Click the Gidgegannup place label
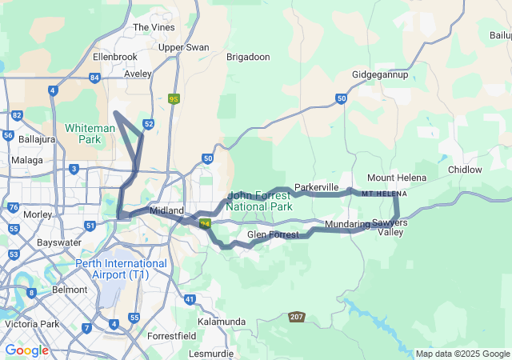coord(380,74)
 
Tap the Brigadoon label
coord(248,57)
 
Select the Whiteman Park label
coord(90,133)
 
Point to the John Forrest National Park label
coord(259,200)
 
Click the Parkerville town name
coord(317,187)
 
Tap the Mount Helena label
coord(397,177)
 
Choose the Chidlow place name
coord(465,170)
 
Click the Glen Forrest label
coord(273,234)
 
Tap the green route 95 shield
coord(174,99)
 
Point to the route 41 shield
coord(190,299)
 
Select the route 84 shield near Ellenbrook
coord(95,78)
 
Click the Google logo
coord(26,350)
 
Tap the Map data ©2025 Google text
coord(462,354)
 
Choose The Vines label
coord(153,27)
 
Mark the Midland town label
coord(167,210)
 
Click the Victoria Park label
coord(30,324)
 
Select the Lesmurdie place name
coord(211,353)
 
